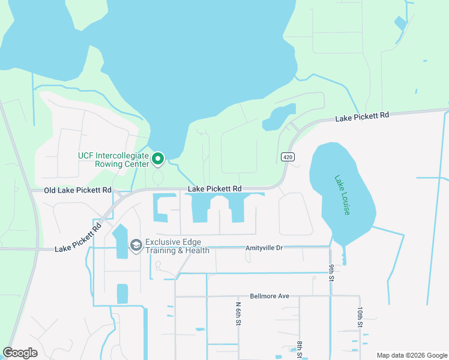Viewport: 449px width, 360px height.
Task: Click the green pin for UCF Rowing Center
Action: coord(158,158)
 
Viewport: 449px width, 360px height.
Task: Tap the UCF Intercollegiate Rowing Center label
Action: coord(113,160)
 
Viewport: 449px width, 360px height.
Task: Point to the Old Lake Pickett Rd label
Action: coord(78,190)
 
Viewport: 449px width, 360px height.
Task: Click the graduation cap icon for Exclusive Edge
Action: coord(136,245)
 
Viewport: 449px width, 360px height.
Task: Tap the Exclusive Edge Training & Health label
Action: coord(177,246)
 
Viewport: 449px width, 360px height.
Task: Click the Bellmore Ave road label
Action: coord(270,296)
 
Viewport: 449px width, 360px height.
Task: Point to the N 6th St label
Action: coord(238,314)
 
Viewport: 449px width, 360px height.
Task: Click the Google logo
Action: coord(20,353)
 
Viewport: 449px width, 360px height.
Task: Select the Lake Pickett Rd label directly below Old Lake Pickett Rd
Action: coord(79,238)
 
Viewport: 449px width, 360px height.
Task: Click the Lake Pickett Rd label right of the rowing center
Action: coord(214,189)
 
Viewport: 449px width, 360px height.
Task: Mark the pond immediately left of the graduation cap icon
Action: coord(121,241)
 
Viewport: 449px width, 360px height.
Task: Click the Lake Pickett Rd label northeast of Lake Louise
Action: coord(362,117)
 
